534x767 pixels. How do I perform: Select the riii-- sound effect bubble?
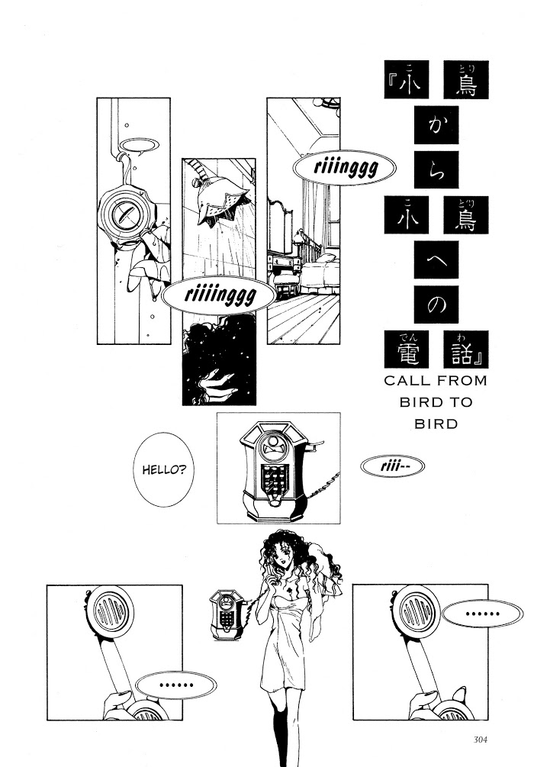click(389, 466)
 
